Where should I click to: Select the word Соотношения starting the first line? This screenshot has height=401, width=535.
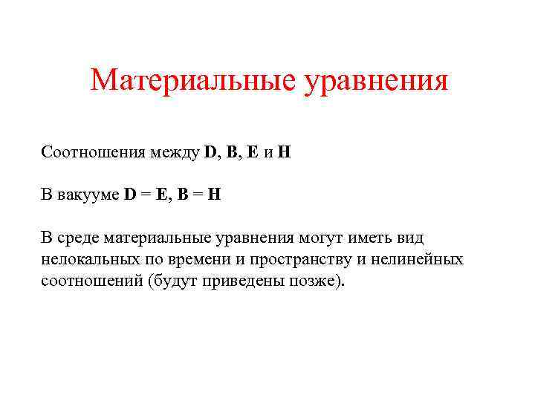pos(95,153)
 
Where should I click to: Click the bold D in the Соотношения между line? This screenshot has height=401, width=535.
pos(210,153)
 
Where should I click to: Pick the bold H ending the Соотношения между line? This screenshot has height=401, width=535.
pos(285,153)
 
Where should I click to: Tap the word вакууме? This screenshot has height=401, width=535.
pos(88,196)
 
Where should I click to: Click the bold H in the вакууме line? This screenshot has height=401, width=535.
pos(214,195)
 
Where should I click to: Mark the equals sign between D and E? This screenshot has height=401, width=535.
pos(145,196)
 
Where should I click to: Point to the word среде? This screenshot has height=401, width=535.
pos(78,238)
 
